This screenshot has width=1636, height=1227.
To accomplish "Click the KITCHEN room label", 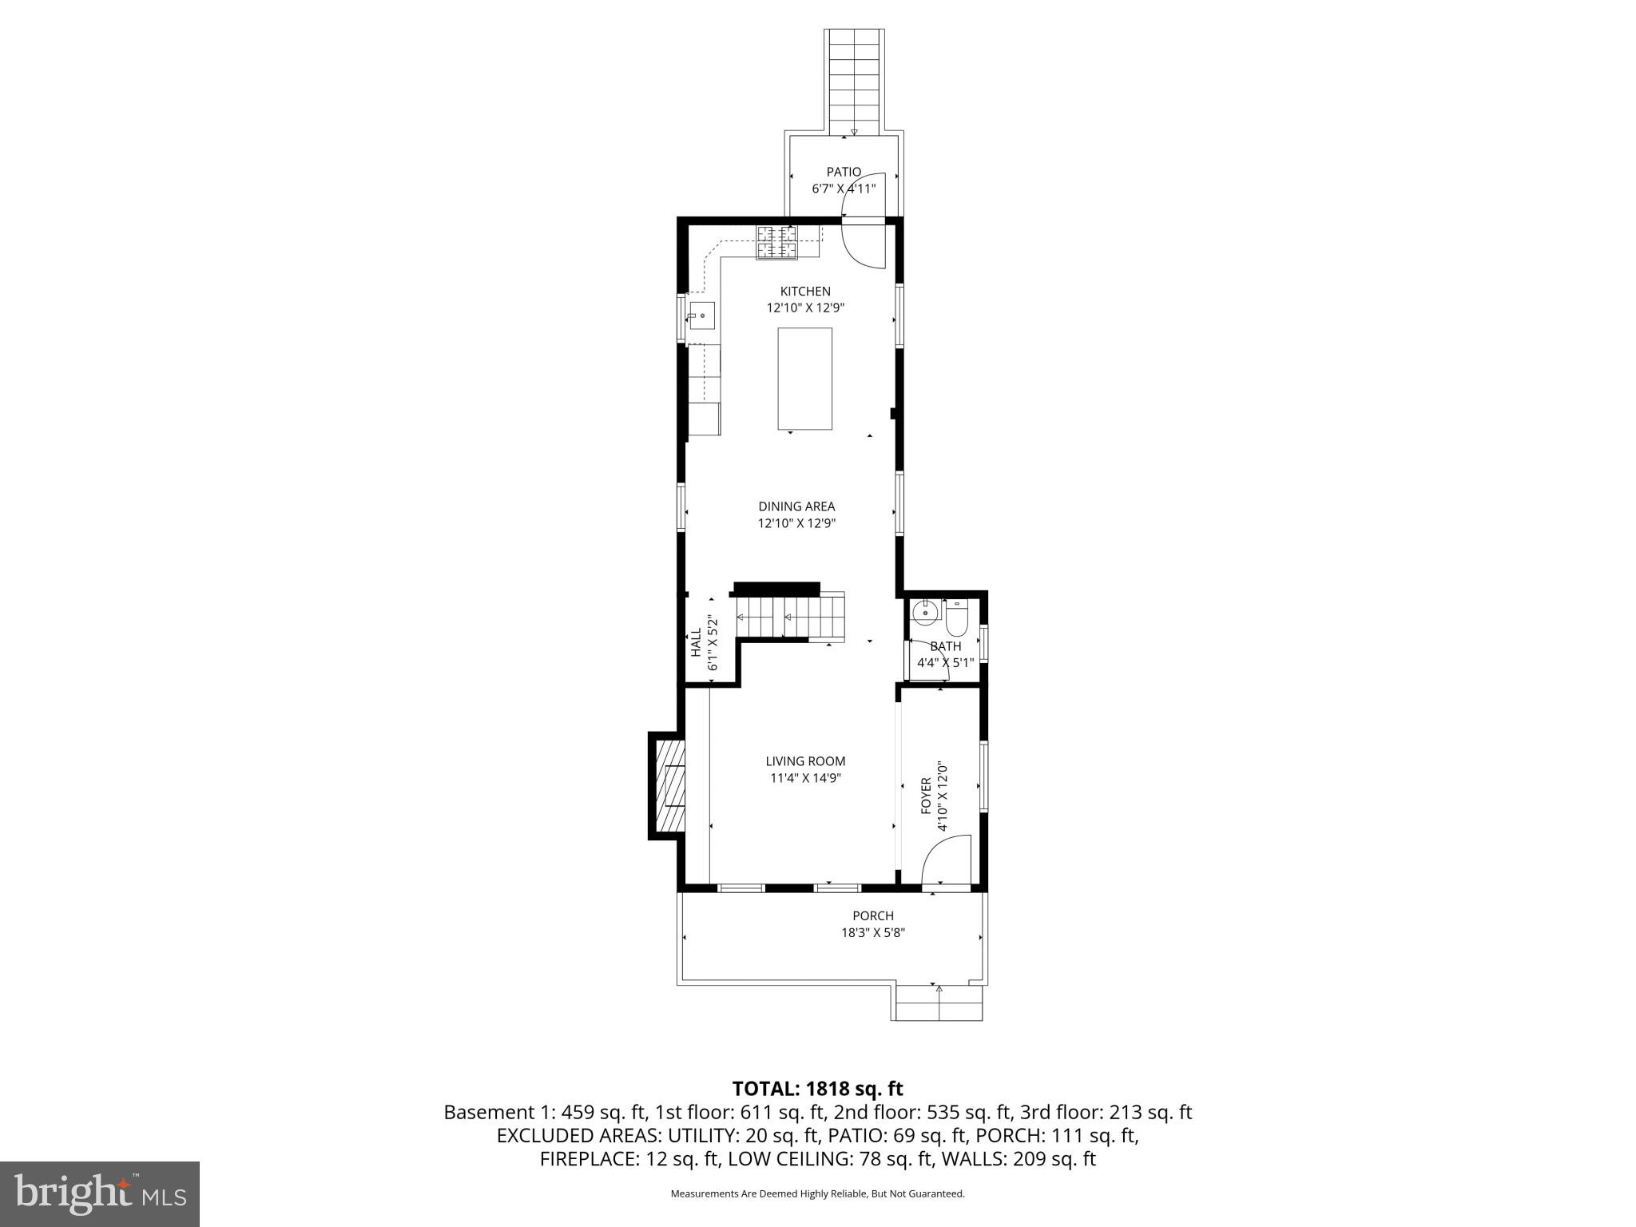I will click(x=805, y=292).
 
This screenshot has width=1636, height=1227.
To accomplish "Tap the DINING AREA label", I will click(x=796, y=506).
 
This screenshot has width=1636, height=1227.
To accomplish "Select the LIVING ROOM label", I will click(x=805, y=761).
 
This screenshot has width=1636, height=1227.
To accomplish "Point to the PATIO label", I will click(x=844, y=172).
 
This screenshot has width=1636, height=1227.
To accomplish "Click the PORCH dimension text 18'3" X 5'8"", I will click(x=872, y=932).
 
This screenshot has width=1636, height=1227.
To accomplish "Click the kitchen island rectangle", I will click(x=805, y=379).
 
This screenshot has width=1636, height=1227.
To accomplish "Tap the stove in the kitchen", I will click(x=777, y=243).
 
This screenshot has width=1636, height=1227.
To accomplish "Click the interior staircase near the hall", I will click(x=791, y=617).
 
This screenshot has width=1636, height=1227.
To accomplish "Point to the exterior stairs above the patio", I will click(x=854, y=80).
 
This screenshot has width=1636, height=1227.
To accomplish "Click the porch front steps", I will click(x=938, y=1003).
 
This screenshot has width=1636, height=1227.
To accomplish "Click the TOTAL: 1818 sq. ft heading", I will click(x=817, y=1089).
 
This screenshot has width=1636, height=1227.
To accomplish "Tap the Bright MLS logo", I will click(x=100, y=1193).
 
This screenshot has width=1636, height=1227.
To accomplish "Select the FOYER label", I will click(x=926, y=796).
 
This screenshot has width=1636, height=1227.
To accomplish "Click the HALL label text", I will click(x=696, y=642).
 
